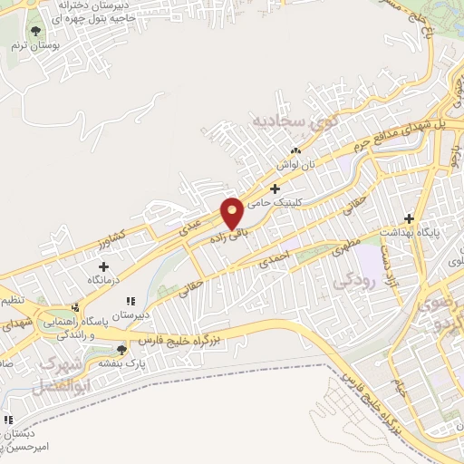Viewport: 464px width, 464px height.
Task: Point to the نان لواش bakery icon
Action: point(295,151)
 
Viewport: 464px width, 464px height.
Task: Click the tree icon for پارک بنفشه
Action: point(122,349)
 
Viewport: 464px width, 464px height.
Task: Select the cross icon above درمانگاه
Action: point(104,266)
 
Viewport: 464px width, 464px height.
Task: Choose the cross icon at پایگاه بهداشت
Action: point(409,217)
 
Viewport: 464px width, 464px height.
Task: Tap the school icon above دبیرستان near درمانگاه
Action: point(130,300)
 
